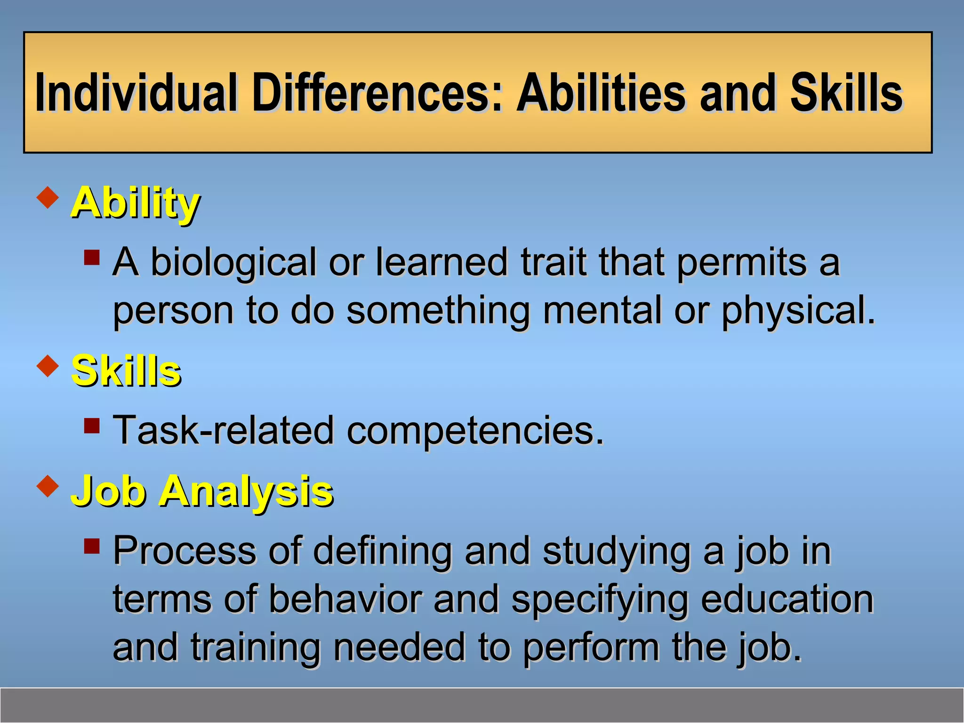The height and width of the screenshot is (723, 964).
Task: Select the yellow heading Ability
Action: [136, 203]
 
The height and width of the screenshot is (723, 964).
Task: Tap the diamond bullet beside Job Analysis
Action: [48, 486]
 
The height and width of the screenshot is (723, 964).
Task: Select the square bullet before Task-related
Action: [92, 426]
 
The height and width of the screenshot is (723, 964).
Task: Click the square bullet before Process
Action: [92, 546]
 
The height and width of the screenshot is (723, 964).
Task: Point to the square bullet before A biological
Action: [92, 257]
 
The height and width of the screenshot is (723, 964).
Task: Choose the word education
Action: [787, 599]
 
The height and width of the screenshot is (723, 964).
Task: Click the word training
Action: [256, 647]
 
